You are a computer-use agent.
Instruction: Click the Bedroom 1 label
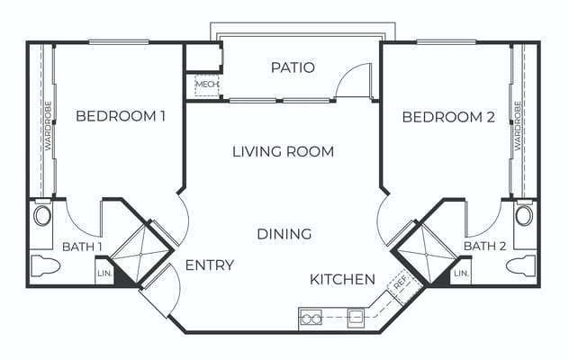pyautogui.click(x=121, y=116)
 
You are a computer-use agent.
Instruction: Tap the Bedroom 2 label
pyautogui.click(x=449, y=117)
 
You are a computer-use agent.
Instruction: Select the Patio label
pyautogui.click(x=293, y=68)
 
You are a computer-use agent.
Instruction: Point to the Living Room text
pyautogui.click(x=283, y=151)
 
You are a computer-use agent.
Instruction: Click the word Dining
pyautogui.click(x=284, y=234)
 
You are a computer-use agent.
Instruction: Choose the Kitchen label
pyautogui.click(x=342, y=280)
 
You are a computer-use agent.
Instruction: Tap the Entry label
pyautogui.click(x=209, y=265)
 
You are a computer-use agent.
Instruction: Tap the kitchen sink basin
pyautogui.click(x=357, y=318)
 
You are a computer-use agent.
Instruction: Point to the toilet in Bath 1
pyautogui.click(x=45, y=266)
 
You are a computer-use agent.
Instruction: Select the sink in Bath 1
pyautogui.click(x=42, y=216)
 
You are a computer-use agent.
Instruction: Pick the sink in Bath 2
pyautogui.click(x=525, y=216)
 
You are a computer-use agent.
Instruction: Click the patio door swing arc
pyautogui.click(x=351, y=81)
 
